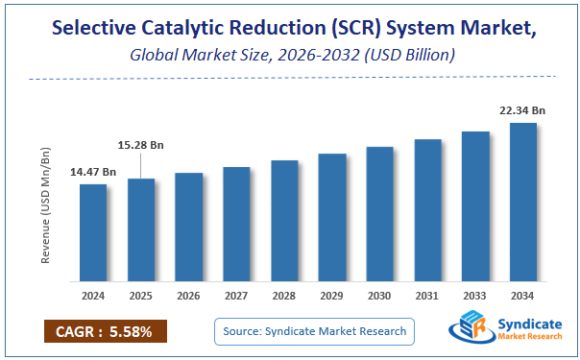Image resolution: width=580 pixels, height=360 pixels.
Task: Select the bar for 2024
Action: click(93, 232)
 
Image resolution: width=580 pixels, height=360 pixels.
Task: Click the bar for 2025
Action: click(141, 229)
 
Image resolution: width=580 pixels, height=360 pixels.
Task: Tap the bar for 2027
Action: click(236, 224)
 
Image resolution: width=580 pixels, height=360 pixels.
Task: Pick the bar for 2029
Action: click(332, 217)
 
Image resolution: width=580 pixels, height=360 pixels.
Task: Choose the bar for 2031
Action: click(428, 209)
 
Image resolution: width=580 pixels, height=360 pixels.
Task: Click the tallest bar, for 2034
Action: click(523, 202)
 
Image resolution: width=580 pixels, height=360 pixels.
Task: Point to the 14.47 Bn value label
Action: click(93, 172)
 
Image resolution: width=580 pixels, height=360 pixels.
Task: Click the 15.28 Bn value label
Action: click(141, 145)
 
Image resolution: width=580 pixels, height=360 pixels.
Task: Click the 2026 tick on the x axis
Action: click(189, 295)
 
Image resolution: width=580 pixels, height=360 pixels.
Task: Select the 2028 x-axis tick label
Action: click(284, 295)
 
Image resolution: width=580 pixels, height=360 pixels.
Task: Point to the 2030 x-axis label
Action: click(380, 295)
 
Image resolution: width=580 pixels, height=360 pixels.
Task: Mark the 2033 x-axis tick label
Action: click(475, 295)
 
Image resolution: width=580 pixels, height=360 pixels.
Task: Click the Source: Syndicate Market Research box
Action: click(314, 331)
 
